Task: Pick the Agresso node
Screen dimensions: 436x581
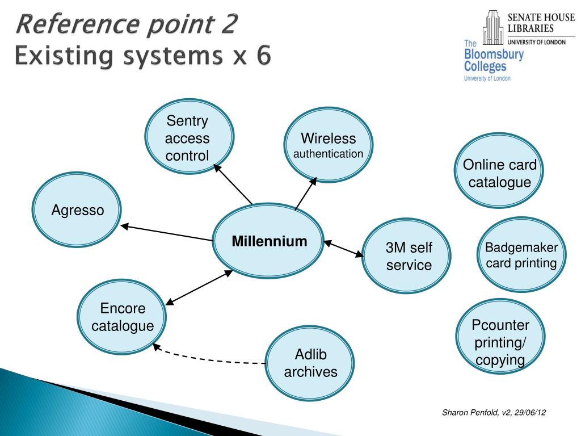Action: pos(77,211)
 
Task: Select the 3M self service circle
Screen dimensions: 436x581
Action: pos(407,257)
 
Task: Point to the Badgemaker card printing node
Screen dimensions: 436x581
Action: pos(521,255)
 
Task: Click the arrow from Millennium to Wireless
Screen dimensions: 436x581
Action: pos(305,194)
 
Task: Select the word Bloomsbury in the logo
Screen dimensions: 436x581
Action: pos(494,55)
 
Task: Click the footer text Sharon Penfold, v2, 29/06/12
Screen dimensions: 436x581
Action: pos(494,413)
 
